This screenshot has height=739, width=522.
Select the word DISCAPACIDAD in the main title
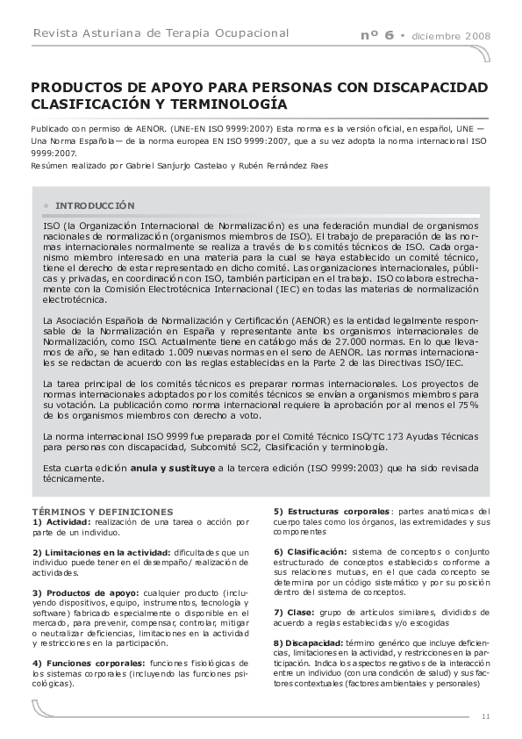click(421, 89)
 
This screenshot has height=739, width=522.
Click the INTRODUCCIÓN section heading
click(95, 204)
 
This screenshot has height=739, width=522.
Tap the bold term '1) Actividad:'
click(61, 521)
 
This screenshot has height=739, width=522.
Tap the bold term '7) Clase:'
click(294, 611)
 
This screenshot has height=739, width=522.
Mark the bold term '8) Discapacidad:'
click(308, 642)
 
